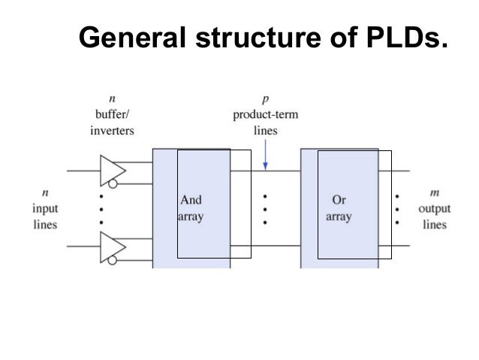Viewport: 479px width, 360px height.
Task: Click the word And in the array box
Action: pyautogui.click(x=191, y=200)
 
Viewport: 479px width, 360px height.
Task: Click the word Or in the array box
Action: pyautogui.click(x=338, y=200)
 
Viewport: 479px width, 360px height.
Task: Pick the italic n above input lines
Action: pyautogui.click(x=46, y=194)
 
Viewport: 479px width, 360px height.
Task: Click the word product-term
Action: pyautogui.click(x=265, y=115)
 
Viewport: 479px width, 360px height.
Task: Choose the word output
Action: pyautogui.click(x=433, y=208)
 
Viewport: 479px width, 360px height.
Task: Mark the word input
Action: pyautogui.click(x=46, y=208)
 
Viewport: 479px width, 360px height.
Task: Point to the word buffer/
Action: pyautogui.click(x=111, y=115)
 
